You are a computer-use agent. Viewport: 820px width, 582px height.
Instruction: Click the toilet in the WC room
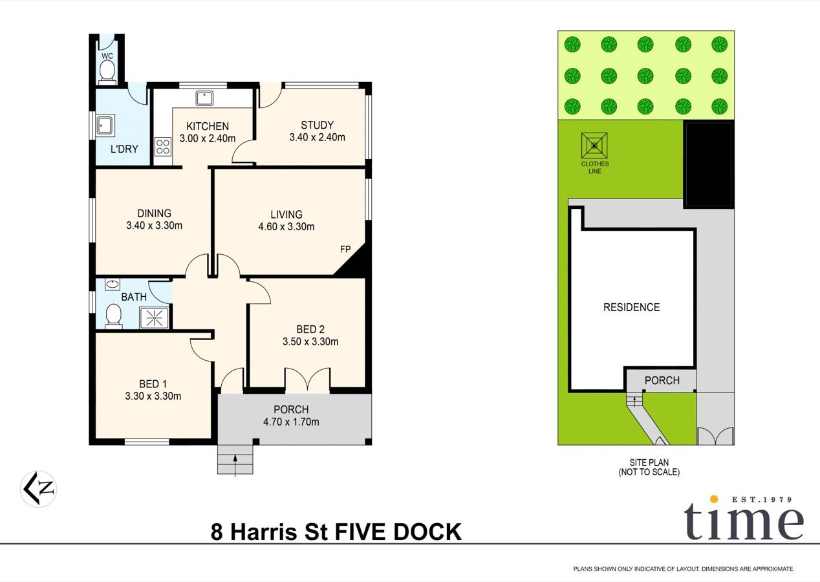click(x=107, y=71)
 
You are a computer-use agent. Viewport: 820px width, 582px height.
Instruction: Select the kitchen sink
click(x=205, y=98)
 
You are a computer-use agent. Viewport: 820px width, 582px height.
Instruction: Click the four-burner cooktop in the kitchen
click(x=162, y=147)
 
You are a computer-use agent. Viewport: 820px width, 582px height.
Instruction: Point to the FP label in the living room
click(x=345, y=249)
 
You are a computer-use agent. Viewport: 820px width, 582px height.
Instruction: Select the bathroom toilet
click(x=114, y=317)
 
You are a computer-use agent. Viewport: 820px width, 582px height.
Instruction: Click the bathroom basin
click(x=112, y=284)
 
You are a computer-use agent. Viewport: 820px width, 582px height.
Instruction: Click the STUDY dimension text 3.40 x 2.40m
click(x=317, y=137)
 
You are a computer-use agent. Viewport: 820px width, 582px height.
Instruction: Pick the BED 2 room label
click(x=310, y=329)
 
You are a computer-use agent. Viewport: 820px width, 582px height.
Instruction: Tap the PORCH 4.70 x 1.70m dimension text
click(x=291, y=422)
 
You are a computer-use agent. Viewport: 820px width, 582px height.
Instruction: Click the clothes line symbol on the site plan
click(x=594, y=145)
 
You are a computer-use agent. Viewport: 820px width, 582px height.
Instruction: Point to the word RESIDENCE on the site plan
click(x=631, y=307)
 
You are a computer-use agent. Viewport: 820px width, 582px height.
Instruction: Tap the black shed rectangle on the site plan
click(x=708, y=164)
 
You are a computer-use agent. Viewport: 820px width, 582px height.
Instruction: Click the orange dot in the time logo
click(x=714, y=499)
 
